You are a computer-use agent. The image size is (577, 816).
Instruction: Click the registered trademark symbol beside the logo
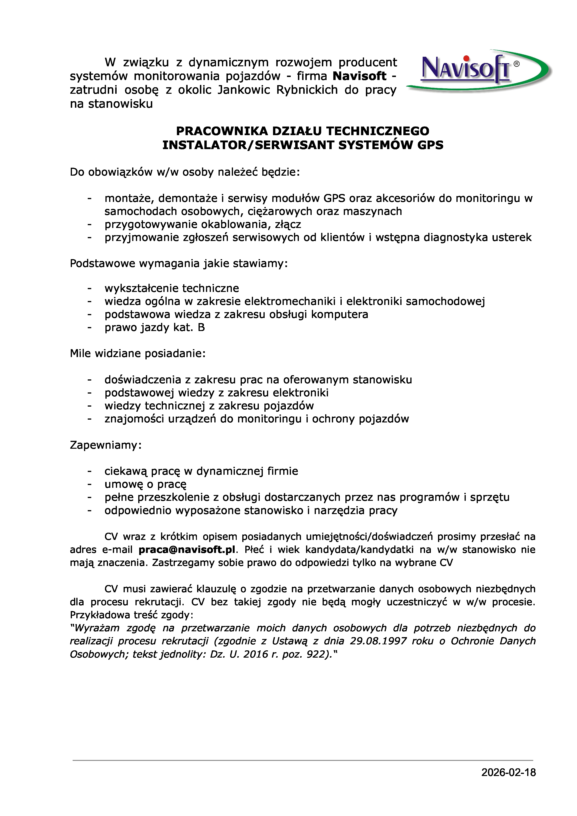[516, 64]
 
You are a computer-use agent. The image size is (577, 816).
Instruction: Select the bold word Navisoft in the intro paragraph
[359, 76]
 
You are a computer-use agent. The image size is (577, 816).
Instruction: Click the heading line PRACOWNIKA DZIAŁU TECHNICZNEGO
[303, 131]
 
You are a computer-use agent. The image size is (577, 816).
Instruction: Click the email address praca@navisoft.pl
[187, 550]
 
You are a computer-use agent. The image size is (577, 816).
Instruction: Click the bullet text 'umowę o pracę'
[145, 484]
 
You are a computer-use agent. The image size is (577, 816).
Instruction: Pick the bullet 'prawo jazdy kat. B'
[155, 327]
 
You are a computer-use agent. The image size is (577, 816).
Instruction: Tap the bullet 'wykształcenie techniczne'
[172, 288]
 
